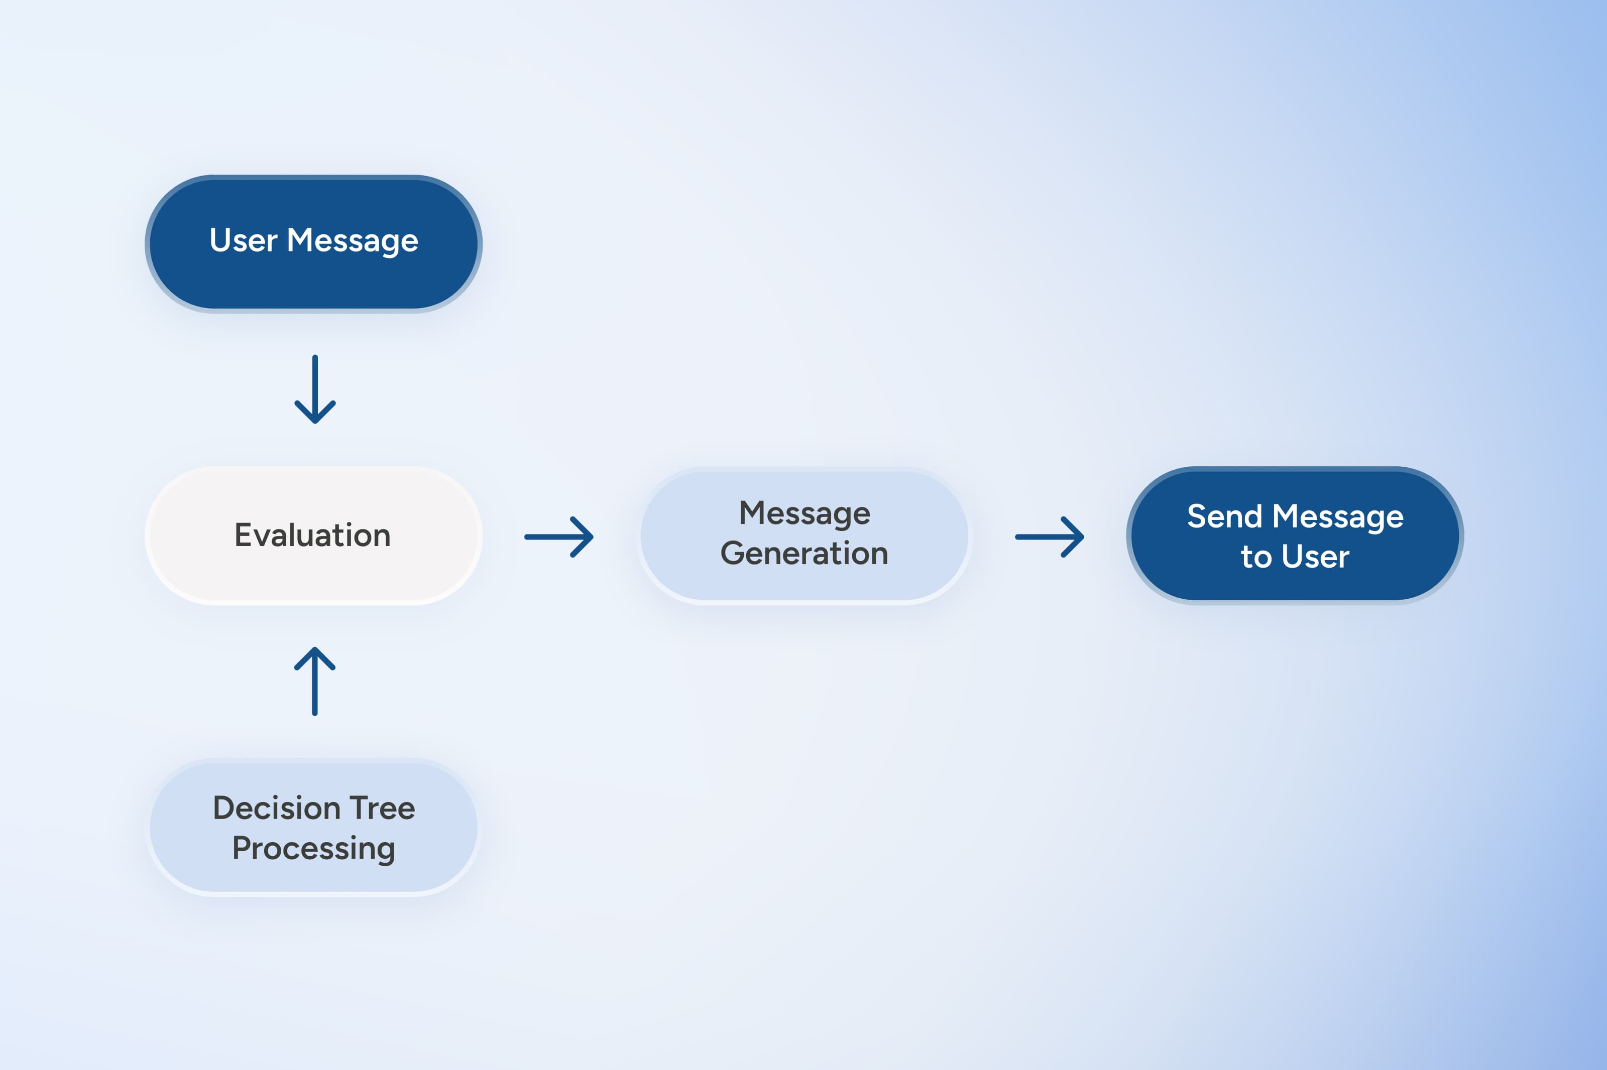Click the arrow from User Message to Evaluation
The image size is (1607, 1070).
pos(315,389)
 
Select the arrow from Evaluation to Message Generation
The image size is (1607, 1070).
pos(558,537)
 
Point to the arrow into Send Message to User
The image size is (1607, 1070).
pos(1049,537)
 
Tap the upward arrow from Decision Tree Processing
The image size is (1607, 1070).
pos(315,681)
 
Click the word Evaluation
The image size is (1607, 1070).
pos(313,535)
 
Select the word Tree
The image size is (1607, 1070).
pos(382,808)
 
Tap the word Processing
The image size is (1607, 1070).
pos(313,849)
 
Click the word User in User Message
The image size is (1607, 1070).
pos(243,240)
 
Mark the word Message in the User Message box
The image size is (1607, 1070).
pos(352,241)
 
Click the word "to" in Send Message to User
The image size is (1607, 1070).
pos(1255,557)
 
